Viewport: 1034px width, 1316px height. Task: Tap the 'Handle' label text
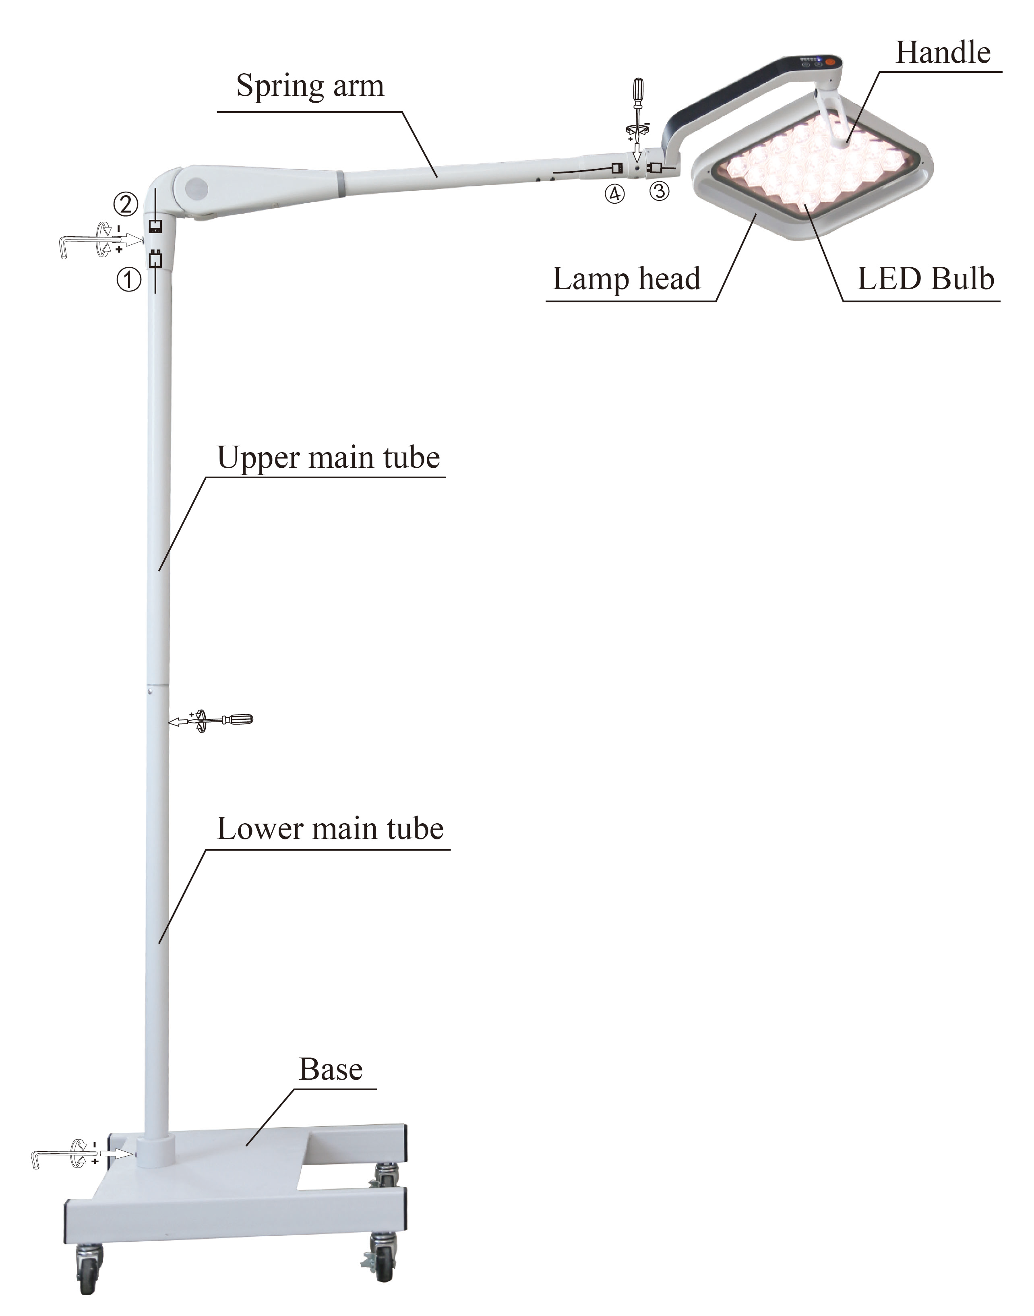pyautogui.click(x=943, y=53)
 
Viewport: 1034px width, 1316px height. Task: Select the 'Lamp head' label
pyautogui.click(x=627, y=279)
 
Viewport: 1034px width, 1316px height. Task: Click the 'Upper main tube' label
pyautogui.click(x=328, y=458)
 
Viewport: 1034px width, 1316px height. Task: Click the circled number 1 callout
pyautogui.click(x=128, y=280)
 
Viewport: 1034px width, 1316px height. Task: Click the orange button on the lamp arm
pyautogui.click(x=829, y=62)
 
